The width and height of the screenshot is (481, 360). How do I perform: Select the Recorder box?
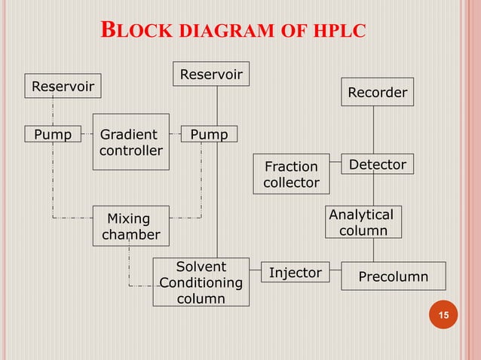click(377, 93)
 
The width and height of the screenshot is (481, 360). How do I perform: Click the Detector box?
click(377, 164)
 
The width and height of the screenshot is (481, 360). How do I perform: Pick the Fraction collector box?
click(291, 174)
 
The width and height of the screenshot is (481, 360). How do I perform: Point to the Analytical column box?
click(363, 222)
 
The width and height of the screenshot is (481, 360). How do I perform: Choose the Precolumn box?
click(393, 276)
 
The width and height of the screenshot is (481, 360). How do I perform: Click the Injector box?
click(296, 273)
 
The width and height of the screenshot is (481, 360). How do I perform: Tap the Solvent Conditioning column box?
click(201, 282)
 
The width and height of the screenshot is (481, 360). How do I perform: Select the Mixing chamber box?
click(130, 226)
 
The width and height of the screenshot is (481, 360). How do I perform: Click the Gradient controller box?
click(130, 142)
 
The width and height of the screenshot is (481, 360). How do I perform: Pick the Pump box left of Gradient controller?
click(53, 135)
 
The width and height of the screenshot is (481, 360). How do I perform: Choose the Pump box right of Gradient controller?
click(209, 135)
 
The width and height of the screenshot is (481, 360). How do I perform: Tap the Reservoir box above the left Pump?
click(63, 87)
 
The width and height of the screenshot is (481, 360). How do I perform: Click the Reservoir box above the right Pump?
click(211, 74)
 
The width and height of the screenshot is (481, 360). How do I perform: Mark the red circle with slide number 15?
click(443, 315)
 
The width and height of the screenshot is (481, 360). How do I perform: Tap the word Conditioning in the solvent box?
click(201, 283)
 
